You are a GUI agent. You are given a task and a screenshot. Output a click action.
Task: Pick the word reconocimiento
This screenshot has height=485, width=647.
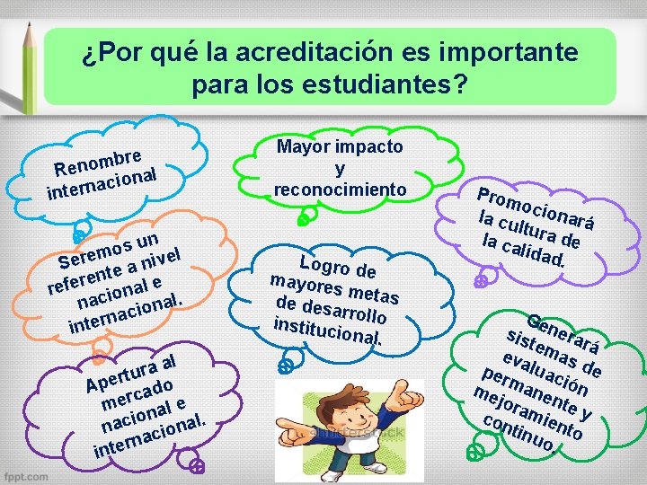(x=340, y=189)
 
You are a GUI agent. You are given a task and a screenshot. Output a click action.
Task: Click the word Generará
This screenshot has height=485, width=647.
(x=563, y=334)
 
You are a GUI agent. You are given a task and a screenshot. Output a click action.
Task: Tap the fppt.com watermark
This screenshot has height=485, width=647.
(x=26, y=472)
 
